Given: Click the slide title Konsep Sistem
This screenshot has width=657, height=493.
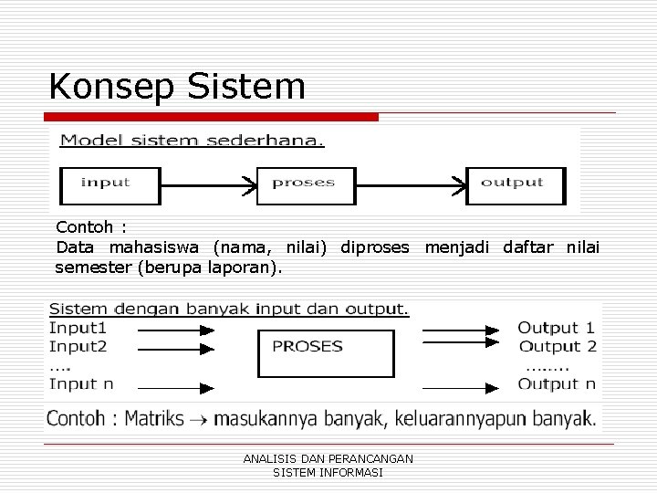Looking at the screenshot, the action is [x=177, y=86].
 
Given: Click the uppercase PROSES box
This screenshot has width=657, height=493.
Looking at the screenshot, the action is [x=307, y=347].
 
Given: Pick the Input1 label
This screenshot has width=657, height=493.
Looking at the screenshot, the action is [x=78, y=328].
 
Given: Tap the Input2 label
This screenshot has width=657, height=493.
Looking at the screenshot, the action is [x=78, y=346].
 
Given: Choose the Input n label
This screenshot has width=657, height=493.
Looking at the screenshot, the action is [x=81, y=384].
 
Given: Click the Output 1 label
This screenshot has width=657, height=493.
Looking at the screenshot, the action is [x=557, y=328].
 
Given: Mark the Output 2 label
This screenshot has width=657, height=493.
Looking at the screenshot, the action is [x=557, y=346].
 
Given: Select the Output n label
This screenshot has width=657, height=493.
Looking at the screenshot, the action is [x=557, y=384].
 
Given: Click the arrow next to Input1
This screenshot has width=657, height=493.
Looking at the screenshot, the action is [x=174, y=329].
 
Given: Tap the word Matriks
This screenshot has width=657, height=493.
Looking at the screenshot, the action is [x=154, y=420].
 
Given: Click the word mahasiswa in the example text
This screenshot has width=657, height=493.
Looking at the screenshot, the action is [x=157, y=247].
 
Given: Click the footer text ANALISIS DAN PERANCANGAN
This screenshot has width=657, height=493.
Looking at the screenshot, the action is [x=328, y=458].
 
